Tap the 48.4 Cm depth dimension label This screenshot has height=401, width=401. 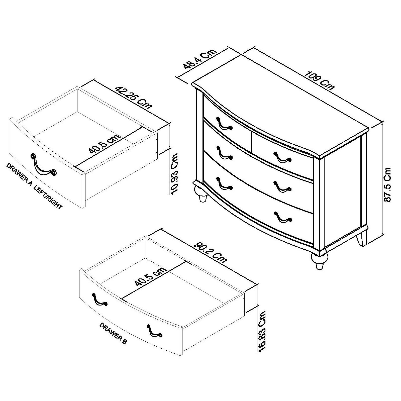click(200, 59)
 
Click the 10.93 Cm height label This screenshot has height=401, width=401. click(173, 173)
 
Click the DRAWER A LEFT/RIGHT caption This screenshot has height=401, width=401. click(34, 186)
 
